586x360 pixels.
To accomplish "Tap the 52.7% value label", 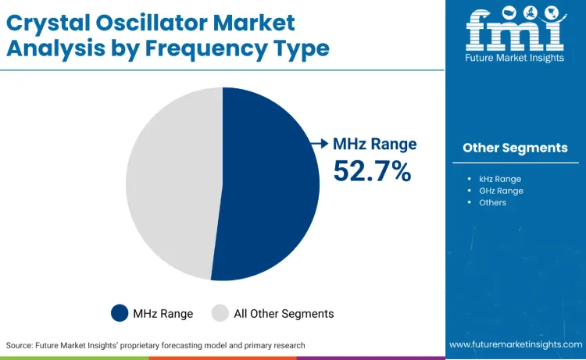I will tap(372, 171).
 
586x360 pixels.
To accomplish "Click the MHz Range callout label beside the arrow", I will tap(375, 144).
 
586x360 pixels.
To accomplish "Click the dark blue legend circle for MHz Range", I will tap(120, 313).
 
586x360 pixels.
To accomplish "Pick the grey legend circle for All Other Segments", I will tap(221, 313).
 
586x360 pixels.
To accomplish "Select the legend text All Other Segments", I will tap(284, 313).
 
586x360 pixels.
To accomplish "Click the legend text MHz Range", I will tap(163, 313).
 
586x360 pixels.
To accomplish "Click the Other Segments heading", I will tap(515, 148).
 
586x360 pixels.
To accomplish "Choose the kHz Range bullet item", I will tap(500, 179).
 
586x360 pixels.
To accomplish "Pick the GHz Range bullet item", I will tap(501, 191).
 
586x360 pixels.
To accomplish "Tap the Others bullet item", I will tap(492, 202).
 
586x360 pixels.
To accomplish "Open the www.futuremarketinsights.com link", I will tap(515, 344).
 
